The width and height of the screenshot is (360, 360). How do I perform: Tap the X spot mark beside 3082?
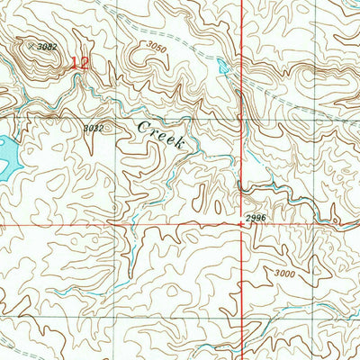pos(32,44)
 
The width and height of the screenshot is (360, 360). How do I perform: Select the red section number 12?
pos(81,64)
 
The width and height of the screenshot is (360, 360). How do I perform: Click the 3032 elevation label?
pos(94,128)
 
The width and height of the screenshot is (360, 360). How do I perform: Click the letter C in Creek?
pos(143,126)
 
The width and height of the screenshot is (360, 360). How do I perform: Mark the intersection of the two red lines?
pos(242,223)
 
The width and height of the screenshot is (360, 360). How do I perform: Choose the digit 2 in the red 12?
pos(85,64)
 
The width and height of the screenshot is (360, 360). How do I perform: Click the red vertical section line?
pos(242,135)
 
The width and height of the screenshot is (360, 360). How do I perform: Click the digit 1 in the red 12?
pos(76,64)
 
